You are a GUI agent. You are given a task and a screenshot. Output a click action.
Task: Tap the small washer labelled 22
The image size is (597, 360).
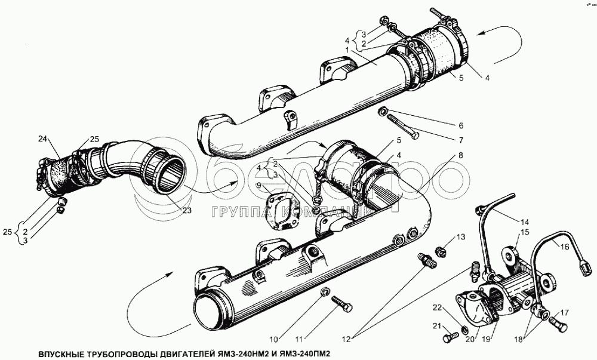coord(465,330)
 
